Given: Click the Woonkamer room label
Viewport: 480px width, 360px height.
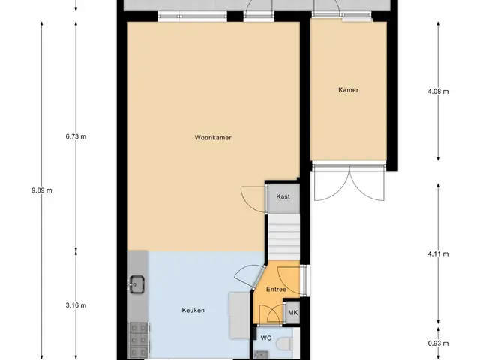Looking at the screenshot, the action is coord(213,138).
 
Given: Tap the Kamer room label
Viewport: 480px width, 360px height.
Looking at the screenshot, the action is coord(348,90).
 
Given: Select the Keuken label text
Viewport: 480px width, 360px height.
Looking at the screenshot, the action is coord(193,310).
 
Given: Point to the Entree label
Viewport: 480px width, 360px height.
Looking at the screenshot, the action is coord(277,289).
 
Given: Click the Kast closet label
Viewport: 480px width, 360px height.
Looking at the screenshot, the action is coord(283,196).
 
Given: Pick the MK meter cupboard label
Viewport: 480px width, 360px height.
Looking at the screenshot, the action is coord(293,313).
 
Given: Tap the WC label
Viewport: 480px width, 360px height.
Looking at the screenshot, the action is coord(266,338).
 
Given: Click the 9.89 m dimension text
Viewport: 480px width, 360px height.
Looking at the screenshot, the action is coord(42,190).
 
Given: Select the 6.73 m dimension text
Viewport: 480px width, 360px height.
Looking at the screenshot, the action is coord(76,136).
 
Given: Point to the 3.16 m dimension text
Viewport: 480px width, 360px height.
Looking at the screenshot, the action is coord(76,305).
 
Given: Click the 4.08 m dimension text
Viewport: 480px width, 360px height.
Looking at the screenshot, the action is coord(438,91).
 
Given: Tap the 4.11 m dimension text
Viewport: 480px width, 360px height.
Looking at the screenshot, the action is coord(438,253).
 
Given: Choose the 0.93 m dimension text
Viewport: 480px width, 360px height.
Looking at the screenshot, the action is coord(438,343).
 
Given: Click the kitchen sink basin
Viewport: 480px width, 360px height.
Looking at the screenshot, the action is coord(136,284).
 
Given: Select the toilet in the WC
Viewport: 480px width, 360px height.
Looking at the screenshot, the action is coord(284,343).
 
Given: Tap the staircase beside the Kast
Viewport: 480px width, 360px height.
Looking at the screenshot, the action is coord(284,237).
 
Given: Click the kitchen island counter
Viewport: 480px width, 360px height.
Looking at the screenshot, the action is coord(239,315).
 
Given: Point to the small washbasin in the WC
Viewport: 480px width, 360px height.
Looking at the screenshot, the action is coord(262,355).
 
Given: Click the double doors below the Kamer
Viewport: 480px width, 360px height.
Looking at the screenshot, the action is coord(349,183).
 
